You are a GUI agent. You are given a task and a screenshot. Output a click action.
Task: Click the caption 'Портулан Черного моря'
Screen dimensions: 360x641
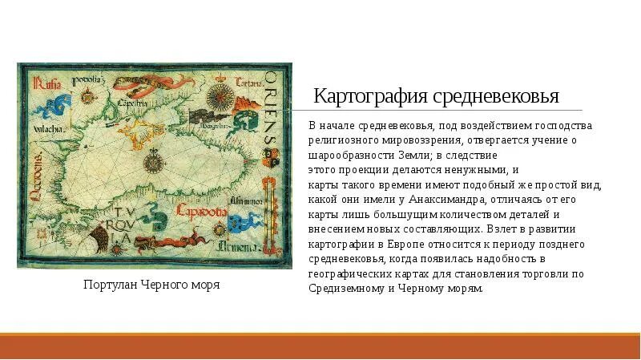point(151,285)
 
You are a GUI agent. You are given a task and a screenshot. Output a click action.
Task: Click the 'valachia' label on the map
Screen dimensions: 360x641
point(38,127)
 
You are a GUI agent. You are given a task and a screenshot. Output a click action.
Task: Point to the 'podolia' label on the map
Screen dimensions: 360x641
point(86,79)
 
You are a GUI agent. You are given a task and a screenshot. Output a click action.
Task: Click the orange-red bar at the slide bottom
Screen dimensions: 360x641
point(320,346)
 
